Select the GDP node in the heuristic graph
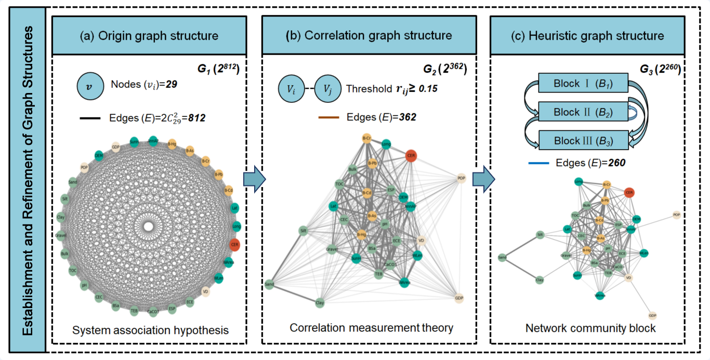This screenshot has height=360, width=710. pos(652,315)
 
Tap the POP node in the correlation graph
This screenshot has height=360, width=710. pos(461,178)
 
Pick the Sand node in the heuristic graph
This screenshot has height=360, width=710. pos(502,257)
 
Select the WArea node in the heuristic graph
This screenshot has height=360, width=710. pos(600,295)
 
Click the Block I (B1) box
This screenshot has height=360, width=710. pos(584,83)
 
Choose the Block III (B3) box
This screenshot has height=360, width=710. pos(584,141)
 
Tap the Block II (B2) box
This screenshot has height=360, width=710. pos(584,112)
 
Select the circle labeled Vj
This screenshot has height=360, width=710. pos(327,88)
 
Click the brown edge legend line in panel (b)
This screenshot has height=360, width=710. pos(328,117)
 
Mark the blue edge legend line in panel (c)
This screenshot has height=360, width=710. pos(538,163)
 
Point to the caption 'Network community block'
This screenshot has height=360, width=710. pos(590,328)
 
